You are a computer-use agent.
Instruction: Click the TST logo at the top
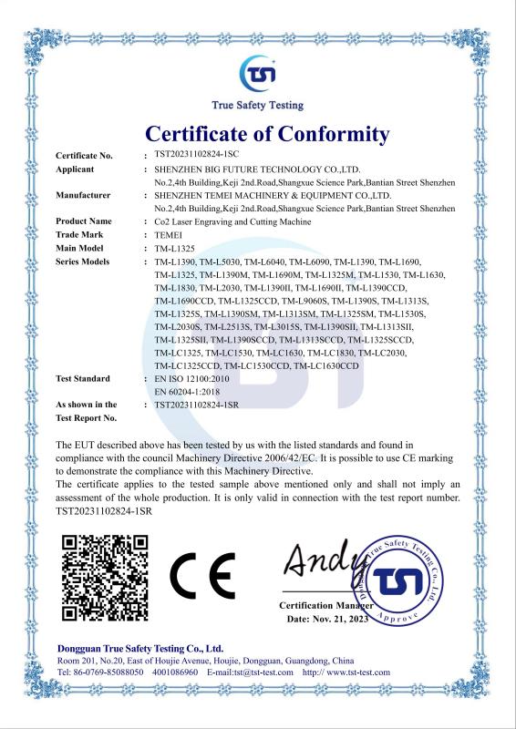(x=257, y=72)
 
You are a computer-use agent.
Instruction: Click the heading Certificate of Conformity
(x=267, y=135)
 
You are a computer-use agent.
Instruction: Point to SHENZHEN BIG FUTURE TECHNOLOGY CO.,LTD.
(x=258, y=169)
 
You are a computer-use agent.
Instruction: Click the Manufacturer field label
(x=83, y=195)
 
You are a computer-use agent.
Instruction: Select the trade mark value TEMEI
(x=170, y=234)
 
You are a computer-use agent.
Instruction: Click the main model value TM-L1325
(x=177, y=248)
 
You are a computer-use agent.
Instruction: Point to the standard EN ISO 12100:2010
(x=194, y=378)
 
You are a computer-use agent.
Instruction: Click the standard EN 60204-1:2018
(x=190, y=391)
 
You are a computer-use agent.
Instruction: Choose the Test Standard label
(x=83, y=378)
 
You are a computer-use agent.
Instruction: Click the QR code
(x=105, y=577)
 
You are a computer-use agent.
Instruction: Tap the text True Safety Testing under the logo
(x=257, y=105)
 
